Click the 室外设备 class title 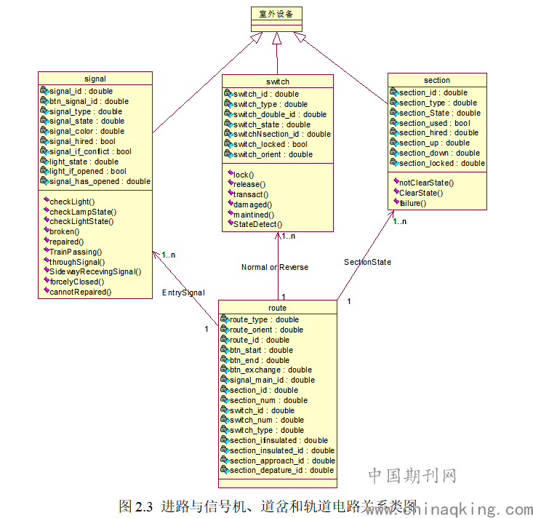277,15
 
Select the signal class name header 95,79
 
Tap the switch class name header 278,81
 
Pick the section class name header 437,80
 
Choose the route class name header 277,308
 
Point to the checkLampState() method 82,212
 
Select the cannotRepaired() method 80,292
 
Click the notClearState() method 426,183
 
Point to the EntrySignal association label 183,292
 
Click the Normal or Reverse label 275,267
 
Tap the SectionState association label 367,262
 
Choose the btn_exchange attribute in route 270,370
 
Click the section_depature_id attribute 281,470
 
